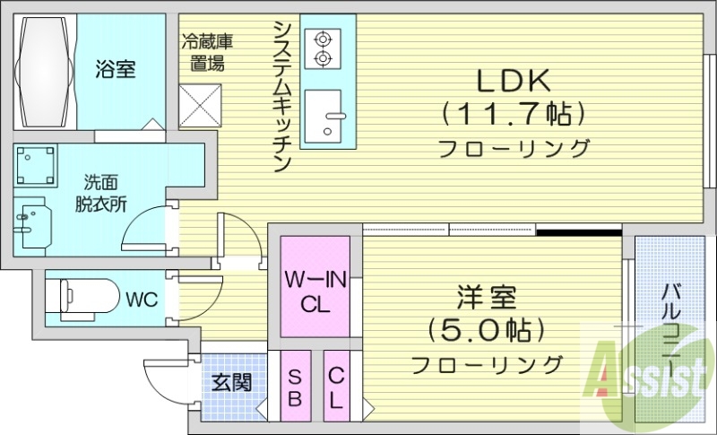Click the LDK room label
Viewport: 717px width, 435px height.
click(x=512, y=81)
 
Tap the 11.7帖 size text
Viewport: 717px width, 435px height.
click(x=512, y=114)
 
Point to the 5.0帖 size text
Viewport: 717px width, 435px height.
click(x=488, y=330)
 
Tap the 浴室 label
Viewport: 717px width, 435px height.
click(x=116, y=69)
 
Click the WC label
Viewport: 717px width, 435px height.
click(x=142, y=299)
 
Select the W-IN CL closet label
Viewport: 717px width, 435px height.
click(x=315, y=291)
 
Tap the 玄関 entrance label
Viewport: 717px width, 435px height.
click(x=231, y=383)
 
